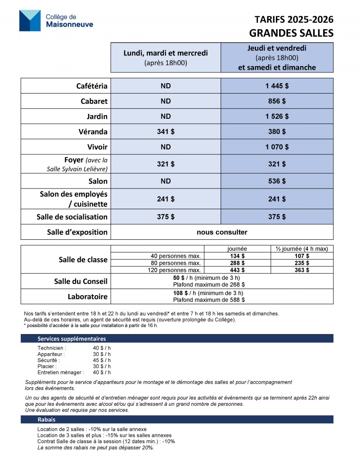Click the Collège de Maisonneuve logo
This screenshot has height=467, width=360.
point(56,21)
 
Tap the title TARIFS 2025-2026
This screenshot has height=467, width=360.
point(294,19)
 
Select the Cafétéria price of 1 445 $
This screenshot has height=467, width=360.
point(277,86)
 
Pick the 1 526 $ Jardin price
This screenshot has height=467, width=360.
point(277,117)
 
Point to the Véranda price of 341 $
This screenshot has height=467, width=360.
point(166,132)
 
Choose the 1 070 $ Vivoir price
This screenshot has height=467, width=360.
point(277,147)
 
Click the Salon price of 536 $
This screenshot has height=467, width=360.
point(277,181)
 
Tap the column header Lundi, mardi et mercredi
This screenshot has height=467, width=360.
point(166,53)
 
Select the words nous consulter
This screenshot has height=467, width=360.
point(222,232)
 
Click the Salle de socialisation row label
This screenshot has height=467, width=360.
point(72,217)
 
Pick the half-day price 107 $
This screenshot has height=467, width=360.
point(301,256)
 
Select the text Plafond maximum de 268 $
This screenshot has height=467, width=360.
point(209,284)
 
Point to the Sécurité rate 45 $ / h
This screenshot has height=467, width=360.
point(102,360)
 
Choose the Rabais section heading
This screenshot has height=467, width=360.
point(46,419)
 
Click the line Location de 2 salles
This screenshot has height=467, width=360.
point(92,429)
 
